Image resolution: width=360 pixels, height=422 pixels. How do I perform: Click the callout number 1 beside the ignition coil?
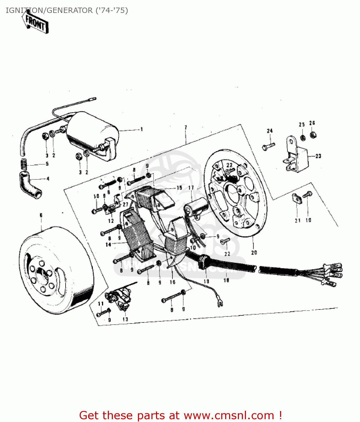[142, 129]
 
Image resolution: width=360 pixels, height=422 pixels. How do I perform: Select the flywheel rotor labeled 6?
[56, 270]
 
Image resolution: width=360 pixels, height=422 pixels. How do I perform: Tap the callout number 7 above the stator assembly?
[186, 128]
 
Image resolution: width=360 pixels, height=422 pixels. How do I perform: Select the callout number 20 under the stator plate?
[254, 253]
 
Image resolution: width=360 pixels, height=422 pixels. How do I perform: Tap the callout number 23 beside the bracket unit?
[318, 156]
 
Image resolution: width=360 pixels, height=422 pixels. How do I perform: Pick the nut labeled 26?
[312, 135]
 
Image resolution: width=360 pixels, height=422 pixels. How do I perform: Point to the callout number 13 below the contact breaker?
[125, 319]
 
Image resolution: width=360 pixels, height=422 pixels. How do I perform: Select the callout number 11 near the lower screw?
[101, 304]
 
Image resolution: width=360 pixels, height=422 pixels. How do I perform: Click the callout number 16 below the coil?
[172, 282]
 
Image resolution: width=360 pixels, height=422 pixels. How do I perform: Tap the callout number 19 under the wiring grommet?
[206, 281]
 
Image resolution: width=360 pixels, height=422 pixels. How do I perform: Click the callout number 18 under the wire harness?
[226, 280]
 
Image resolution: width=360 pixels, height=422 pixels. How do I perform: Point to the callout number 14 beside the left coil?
[108, 245]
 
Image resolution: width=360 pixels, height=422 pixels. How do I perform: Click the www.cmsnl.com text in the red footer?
[229, 415]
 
